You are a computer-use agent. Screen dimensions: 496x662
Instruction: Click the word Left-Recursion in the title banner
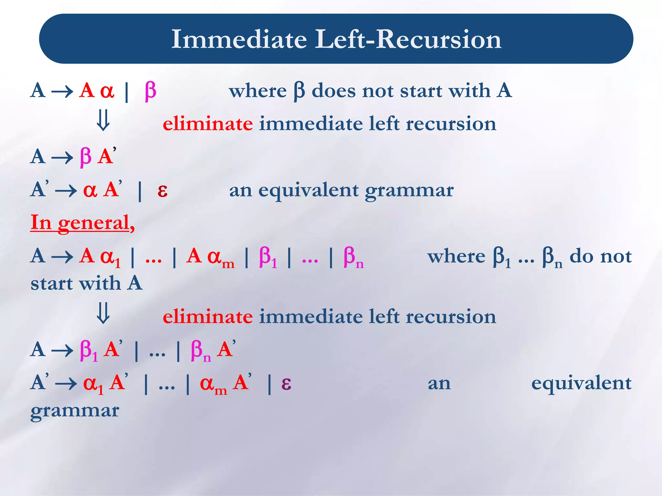408,39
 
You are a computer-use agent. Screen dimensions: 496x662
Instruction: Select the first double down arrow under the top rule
103,120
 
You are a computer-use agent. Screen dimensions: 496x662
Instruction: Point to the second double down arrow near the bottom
103,313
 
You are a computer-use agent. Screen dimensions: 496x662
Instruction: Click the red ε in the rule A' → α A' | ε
162,190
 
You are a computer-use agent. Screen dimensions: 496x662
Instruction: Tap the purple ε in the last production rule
286,383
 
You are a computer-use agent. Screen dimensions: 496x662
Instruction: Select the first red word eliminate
208,124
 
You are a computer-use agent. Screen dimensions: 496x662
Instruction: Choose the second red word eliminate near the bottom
208,317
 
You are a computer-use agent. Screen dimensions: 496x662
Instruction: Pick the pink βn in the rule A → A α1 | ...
353,257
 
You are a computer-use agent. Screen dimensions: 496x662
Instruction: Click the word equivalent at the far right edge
581,384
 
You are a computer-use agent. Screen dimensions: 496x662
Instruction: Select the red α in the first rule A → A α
107,91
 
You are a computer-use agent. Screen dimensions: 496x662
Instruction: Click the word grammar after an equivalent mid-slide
409,191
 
